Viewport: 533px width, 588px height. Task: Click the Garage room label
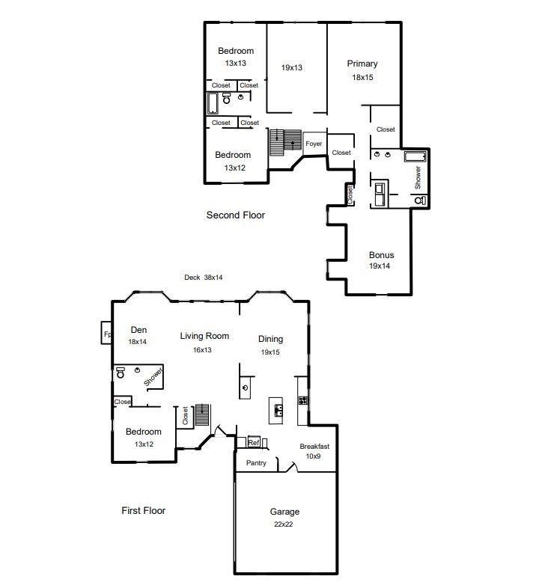284,512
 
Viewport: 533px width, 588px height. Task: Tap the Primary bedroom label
362,64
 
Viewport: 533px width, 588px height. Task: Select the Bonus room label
381,255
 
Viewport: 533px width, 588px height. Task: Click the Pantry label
255,463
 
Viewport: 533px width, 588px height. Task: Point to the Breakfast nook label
314,447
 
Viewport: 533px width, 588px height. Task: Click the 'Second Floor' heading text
236,215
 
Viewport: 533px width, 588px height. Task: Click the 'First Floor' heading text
143,510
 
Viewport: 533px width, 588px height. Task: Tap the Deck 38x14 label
204,277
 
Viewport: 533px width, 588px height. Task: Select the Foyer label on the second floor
314,144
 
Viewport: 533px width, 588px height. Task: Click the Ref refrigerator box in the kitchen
253,442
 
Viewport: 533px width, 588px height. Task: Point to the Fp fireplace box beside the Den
107,334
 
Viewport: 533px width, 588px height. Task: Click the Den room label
138,330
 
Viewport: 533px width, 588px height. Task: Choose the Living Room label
204,336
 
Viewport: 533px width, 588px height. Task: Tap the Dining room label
270,339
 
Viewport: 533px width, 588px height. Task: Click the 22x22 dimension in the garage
284,524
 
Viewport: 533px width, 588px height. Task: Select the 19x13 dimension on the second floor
292,68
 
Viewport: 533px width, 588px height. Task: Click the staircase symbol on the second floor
284,139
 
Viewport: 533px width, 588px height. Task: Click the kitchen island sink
278,410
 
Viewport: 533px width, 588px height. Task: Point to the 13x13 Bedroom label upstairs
236,51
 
